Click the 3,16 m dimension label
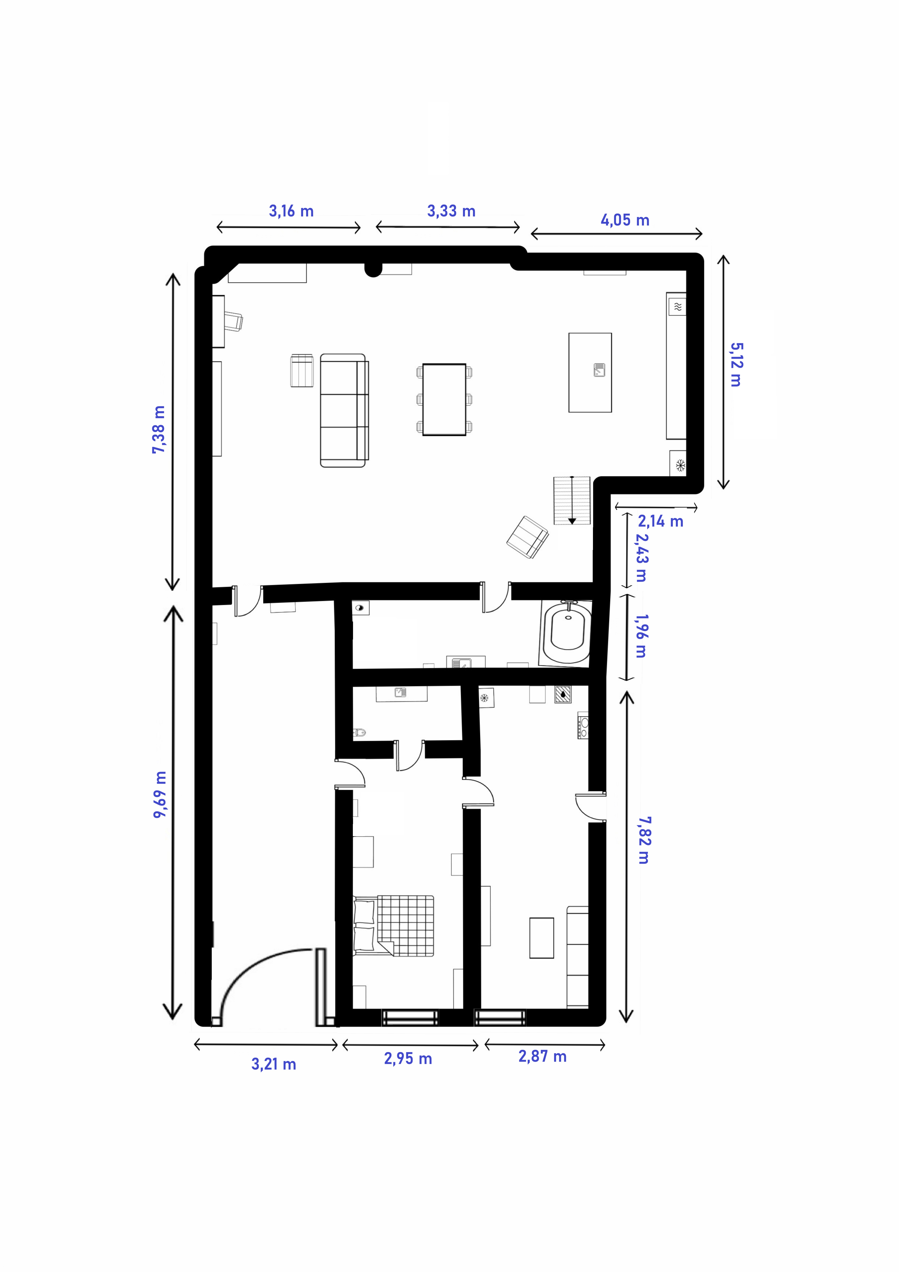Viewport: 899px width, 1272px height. coord(291,211)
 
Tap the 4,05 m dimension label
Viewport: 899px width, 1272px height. coord(625,220)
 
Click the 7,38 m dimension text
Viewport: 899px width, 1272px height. coord(159,429)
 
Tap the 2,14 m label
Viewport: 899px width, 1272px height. coord(660,521)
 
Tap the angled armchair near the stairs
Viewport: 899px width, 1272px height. coord(527,537)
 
